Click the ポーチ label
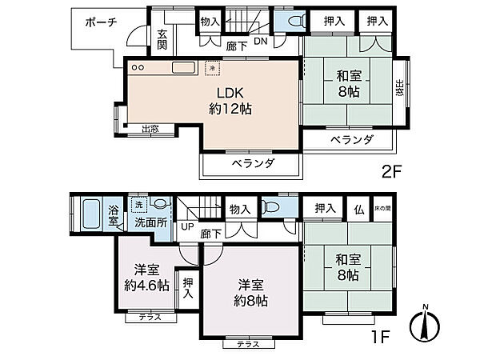[x=102, y=22]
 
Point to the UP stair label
[x=187, y=226]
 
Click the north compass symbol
[x=425, y=324]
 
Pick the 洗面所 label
[x=150, y=222]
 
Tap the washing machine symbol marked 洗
[x=139, y=203]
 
